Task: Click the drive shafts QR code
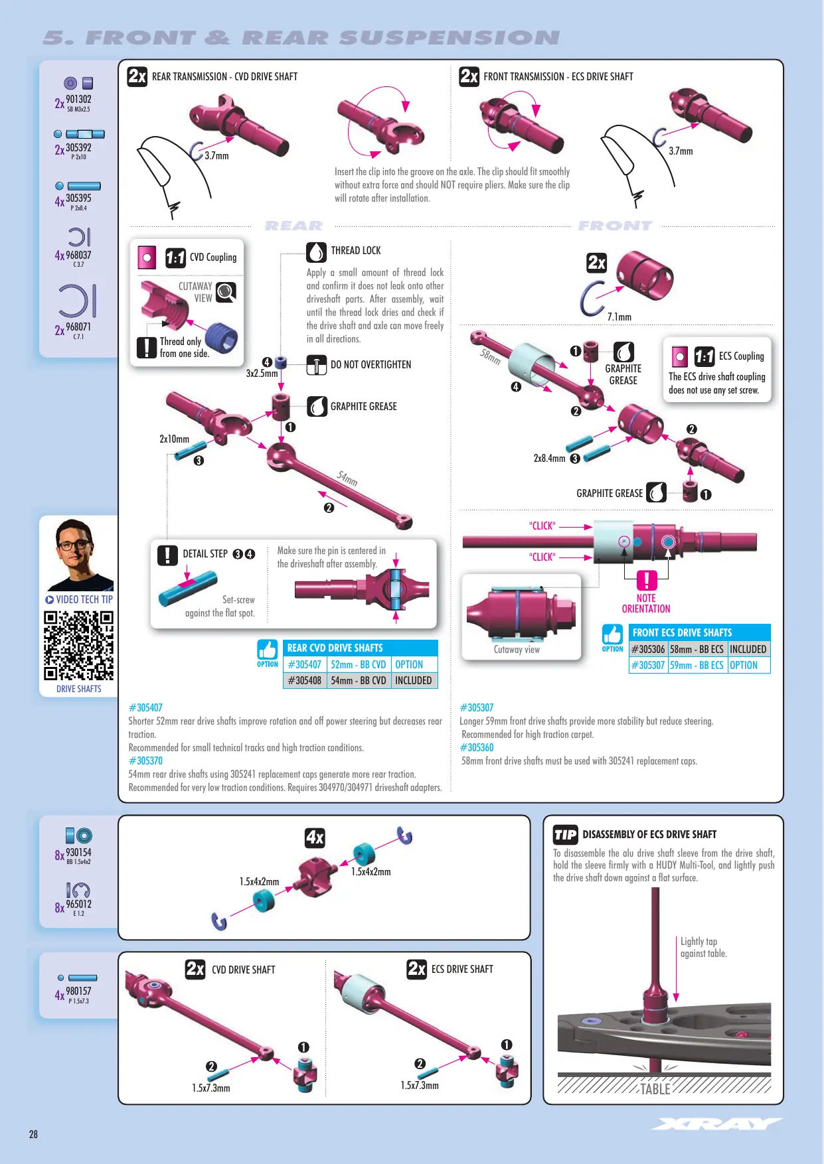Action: [x=78, y=646]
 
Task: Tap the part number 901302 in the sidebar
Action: [x=78, y=100]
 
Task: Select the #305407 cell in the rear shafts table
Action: [x=305, y=664]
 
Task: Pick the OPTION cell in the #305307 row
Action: [x=749, y=665]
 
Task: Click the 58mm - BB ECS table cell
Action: [x=697, y=649]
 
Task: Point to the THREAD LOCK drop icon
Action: [x=316, y=252]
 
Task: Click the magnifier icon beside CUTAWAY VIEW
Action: [x=226, y=292]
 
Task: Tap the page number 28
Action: [x=33, y=1134]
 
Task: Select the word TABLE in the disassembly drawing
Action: [x=655, y=1089]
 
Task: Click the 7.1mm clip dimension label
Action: [x=619, y=317]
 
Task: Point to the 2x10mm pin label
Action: [x=174, y=439]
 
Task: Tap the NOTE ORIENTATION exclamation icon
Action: [x=647, y=581]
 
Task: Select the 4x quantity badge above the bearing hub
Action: [x=315, y=837]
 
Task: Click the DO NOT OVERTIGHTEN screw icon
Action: [x=316, y=365]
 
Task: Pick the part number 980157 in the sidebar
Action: [x=78, y=991]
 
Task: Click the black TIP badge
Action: [x=565, y=835]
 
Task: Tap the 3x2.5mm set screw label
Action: [x=262, y=373]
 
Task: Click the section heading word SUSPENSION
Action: [x=449, y=38]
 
